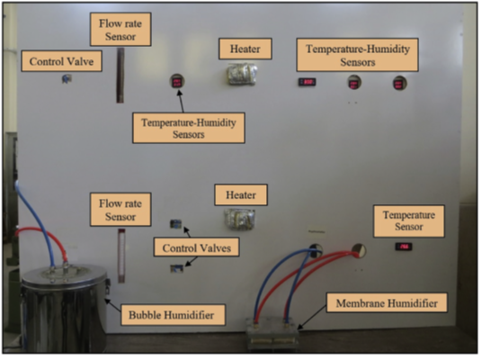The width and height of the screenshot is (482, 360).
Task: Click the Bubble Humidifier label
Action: point(173,315)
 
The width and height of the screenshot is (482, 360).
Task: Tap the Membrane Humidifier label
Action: point(387,302)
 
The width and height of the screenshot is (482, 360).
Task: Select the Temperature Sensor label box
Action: point(409,220)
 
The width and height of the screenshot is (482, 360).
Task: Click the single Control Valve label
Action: point(61,61)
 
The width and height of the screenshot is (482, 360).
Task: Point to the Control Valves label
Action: point(196,247)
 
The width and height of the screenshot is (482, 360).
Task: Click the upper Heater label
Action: point(245,49)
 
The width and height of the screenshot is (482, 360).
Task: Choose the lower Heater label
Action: point(241,194)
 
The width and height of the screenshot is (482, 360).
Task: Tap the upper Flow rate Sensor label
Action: point(120,30)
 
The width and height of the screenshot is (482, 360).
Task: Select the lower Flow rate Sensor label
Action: point(120,210)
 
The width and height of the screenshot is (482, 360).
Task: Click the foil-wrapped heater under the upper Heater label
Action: point(242,74)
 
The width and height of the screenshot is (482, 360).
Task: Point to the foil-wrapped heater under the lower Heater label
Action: point(239,219)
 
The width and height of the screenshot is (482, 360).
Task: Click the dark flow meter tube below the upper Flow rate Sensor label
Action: point(120,75)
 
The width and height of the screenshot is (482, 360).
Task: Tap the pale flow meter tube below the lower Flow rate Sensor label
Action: point(121,256)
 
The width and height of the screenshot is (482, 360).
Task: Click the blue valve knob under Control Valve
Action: point(67,79)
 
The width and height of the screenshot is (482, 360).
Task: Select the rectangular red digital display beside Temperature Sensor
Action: point(404,247)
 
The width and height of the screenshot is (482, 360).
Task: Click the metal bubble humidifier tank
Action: point(64,310)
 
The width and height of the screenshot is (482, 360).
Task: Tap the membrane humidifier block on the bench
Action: point(272,335)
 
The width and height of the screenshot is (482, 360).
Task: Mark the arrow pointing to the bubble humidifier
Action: point(112,304)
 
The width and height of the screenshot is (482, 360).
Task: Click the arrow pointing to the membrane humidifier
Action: point(312,318)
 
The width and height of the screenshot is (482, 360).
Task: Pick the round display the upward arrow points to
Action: point(177,82)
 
